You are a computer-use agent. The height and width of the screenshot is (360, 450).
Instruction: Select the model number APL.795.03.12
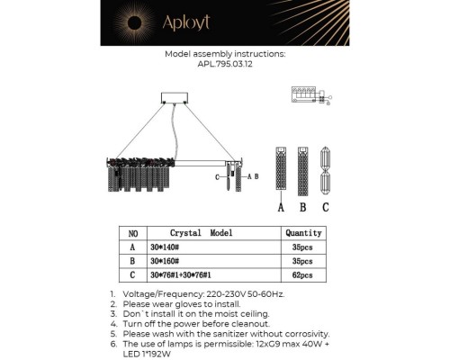click(x=225, y=65)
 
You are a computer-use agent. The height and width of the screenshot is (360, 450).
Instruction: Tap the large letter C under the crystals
click(x=325, y=208)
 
